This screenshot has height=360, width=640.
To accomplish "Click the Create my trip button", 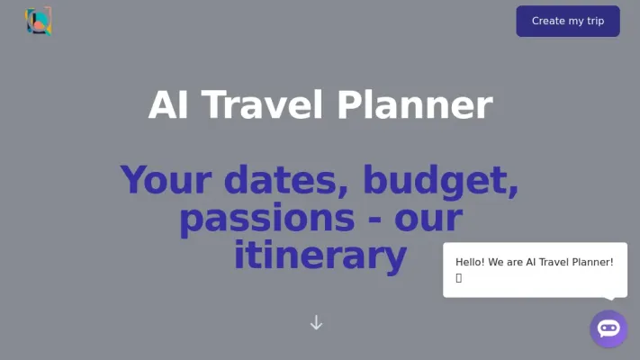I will (567, 21).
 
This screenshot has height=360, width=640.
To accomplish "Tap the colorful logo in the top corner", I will (38, 21).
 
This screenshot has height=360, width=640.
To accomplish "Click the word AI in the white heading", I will (167, 105).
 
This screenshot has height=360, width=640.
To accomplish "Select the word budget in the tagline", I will (441, 181).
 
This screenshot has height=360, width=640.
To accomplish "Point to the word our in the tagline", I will (428, 219).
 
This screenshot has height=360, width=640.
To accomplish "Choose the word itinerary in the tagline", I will (320, 256).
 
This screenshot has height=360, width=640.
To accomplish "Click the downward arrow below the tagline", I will (316, 322).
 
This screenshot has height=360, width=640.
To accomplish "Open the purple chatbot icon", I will (608, 328).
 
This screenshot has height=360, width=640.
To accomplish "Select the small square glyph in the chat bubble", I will (458, 278).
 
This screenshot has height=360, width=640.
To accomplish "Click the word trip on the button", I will (595, 21).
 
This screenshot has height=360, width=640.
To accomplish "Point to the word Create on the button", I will (548, 21).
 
